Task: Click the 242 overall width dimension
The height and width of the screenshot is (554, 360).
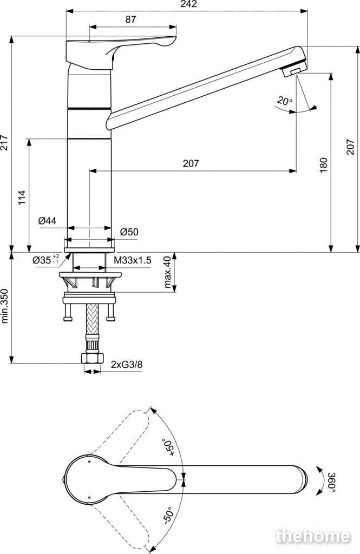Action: [189, 4]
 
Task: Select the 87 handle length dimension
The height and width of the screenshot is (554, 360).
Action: [130, 19]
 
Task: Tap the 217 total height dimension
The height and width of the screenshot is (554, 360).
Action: [4, 142]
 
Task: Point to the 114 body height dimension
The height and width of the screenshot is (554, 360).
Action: [22, 198]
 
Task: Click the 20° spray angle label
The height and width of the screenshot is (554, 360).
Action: [285, 101]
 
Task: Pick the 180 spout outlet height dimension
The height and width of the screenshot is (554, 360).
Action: [323, 165]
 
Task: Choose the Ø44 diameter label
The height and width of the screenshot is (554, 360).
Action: [48, 221]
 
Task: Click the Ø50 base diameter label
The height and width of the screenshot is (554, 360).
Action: [129, 232]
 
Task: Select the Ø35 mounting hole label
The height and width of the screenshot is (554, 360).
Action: [45, 260]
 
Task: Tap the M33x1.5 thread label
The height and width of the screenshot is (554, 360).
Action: [133, 260]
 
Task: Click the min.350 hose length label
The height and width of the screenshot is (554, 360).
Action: [4, 307]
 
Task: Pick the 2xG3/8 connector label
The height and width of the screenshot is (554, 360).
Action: [127, 364]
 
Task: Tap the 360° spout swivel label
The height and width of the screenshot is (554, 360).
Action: [331, 481]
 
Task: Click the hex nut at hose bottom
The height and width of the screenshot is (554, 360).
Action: [92, 358]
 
